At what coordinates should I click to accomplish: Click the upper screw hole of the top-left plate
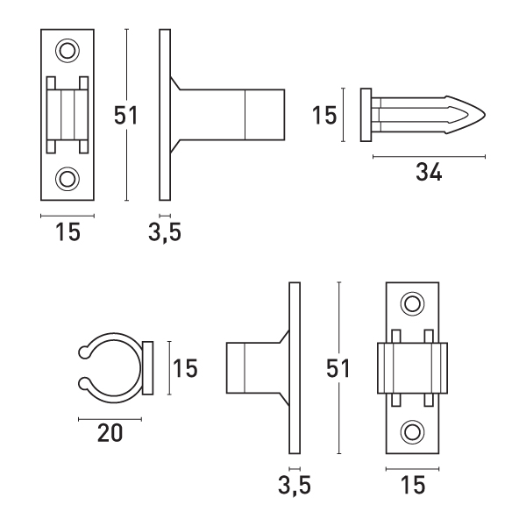[x=68, y=51]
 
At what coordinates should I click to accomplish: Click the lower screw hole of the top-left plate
[x=68, y=179]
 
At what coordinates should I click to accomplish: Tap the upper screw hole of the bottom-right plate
[x=413, y=304]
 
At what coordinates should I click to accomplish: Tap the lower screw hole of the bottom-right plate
[x=413, y=432]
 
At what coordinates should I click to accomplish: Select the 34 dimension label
[x=429, y=172]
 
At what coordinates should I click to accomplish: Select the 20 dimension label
[x=110, y=433]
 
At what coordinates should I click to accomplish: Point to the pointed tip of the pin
[x=485, y=115]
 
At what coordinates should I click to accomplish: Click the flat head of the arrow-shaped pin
[x=366, y=115]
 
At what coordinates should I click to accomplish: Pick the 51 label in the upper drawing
[x=125, y=116]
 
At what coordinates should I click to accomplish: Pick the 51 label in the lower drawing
[x=338, y=368]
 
